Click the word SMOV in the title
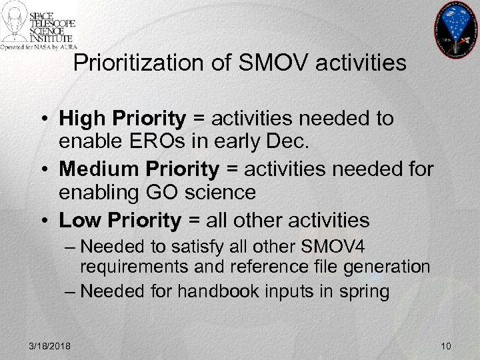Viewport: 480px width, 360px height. tap(263, 64)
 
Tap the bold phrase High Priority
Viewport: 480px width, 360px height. tap(122, 119)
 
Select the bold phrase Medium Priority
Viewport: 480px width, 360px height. tap(139, 170)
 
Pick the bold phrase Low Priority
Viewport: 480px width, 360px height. tap(120, 221)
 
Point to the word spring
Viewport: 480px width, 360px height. tap(365, 292)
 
